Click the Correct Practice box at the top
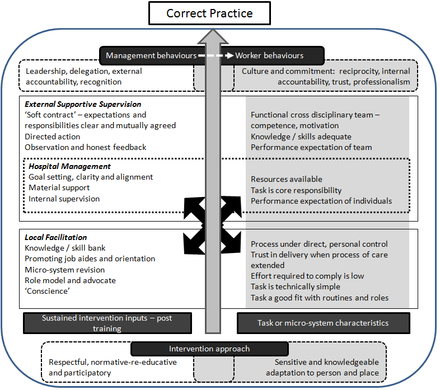point(209,13)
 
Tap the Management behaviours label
point(151,55)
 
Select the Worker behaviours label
point(269,55)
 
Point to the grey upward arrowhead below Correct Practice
point(213,36)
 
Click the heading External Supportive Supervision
point(83,105)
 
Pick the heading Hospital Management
point(69,166)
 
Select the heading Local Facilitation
point(55,237)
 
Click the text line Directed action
point(52,137)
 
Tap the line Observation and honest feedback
point(85,147)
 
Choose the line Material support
point(59,187)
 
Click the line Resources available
point(287,179)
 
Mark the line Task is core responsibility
point(296,190)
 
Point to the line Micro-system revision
point(64,270)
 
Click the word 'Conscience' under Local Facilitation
point(47,291)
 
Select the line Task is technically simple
point(295,286)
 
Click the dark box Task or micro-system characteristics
point(323,323)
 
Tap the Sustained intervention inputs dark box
point(107,323)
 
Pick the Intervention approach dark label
point(209,349)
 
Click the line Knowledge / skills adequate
point(301,137)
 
